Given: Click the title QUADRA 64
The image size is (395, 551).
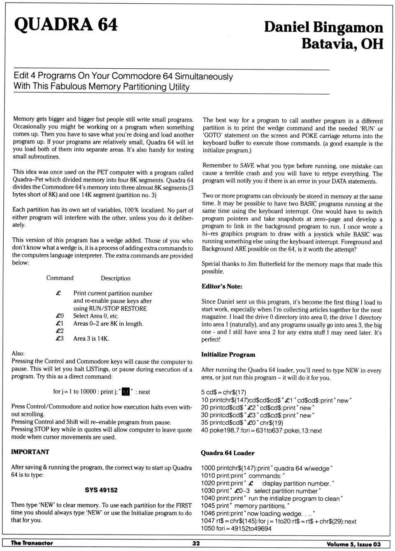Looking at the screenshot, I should tap(66, 25).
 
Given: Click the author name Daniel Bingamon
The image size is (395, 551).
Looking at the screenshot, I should tap(323, 27).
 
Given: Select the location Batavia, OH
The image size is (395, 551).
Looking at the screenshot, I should tap(342, 44).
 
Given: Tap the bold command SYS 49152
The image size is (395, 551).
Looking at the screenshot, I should tap(101, 490).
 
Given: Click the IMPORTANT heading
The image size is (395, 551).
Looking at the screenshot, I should tap(30, 452).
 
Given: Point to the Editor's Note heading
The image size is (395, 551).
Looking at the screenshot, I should tap(222, 286).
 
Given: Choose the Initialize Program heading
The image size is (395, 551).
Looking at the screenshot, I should tap(228, 355).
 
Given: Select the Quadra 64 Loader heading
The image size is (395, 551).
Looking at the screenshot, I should tap(228, 453).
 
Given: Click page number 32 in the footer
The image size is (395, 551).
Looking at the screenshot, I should tap(196, 543).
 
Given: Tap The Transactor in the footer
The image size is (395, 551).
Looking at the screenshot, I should tap(32, 543).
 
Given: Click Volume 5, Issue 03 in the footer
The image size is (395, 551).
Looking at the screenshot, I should tap(353, 544).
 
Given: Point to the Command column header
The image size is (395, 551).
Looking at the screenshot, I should tap(60, 278).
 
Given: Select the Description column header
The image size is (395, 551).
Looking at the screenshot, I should tap(116, 279).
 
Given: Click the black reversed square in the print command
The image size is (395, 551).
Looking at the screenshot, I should tap(126, 392).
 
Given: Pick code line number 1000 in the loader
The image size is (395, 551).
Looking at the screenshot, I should tap(208, 468).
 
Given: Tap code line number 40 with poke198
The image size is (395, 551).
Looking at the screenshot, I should tap(204, 430).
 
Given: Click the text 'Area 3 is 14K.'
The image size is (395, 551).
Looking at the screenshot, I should tap(91, 339).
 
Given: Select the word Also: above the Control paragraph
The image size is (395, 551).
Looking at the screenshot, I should tap(18, 353).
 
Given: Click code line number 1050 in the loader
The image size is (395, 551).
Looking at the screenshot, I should tap(208, 529).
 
